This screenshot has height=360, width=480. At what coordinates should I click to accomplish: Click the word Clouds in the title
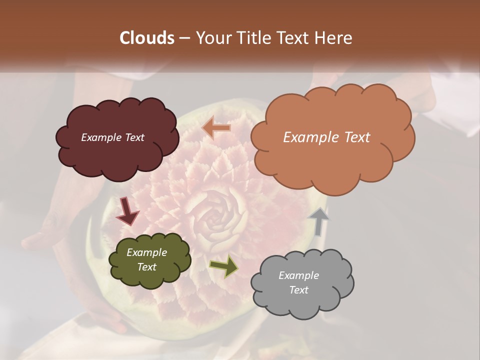(x=147, y=38)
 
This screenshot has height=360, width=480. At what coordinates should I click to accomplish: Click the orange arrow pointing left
(x=216, y=128)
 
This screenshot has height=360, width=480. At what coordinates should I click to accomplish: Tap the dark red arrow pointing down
(x=127, y=211)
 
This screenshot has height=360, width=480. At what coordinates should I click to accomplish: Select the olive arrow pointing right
(x=223, y=266)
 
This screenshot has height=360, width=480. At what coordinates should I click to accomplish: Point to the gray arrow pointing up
(x=318, y=221)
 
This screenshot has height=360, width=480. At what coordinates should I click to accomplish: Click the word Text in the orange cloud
(x=353, y=137)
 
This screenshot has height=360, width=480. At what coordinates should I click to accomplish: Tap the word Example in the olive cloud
(x=147, y=252)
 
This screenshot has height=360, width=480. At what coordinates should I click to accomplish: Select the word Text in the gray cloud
(x=298, y=290)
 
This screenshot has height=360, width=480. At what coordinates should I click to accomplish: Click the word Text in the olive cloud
(x=147, y=267)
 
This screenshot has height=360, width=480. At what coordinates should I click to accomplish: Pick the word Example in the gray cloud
(x=298, y=275)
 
